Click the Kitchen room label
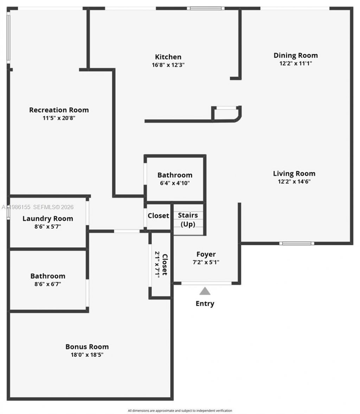[168, 57]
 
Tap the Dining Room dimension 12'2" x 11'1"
[295, 64]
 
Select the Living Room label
[294, 173]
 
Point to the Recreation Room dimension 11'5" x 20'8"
[59, 118]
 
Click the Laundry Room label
[48, 218]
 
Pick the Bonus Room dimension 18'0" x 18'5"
[87, 355]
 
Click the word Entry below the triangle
[205, 303]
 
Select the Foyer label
[206, 254]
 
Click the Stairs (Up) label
[188, 220]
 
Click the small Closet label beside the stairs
[158, 215]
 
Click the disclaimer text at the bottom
[180, 410]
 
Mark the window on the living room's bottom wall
[296, 243]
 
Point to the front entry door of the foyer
[206, 283]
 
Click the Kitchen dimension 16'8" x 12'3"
[168, 65]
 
